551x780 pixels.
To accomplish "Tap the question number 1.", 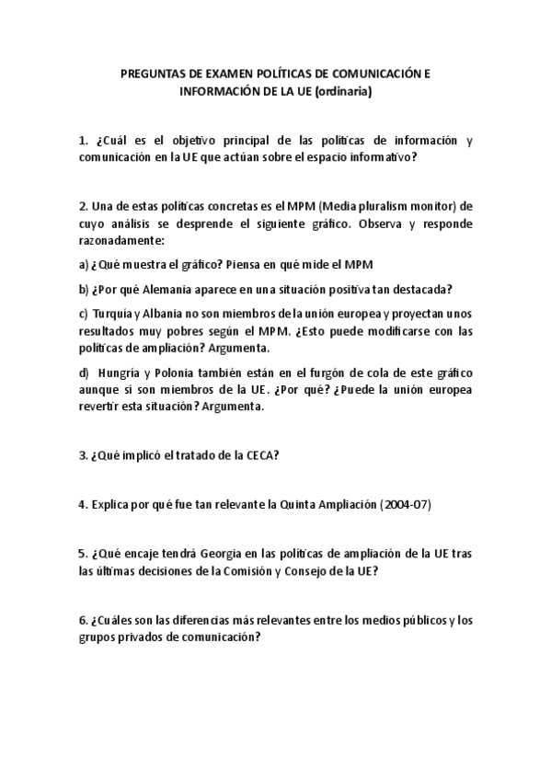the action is click(83, 141).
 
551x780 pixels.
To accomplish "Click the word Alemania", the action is click(150, 288).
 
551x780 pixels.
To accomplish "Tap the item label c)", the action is click(84, 313).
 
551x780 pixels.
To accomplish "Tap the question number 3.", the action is click(83, 456).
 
